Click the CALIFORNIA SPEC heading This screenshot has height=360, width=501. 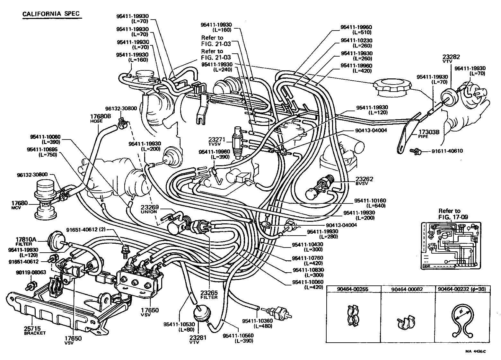pos(51,14)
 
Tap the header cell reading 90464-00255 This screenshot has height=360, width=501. pos(353,289)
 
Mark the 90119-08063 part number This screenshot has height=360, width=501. pos(31,272)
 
